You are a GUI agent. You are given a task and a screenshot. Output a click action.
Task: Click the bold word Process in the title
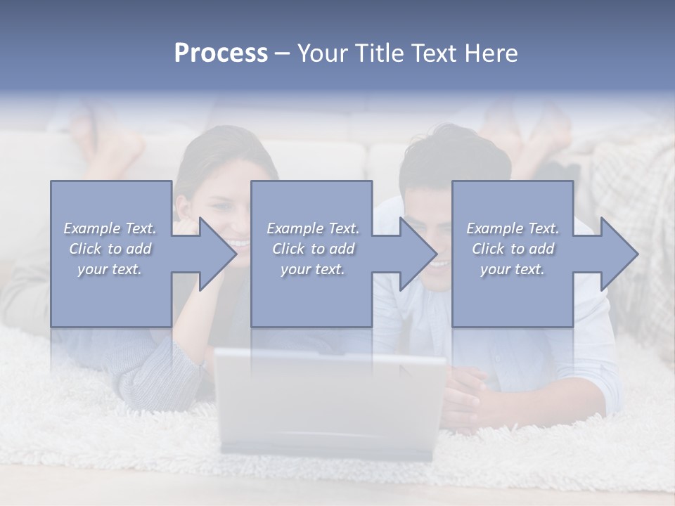[221, 53]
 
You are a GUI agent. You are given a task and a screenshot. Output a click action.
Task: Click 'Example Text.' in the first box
[110, 228]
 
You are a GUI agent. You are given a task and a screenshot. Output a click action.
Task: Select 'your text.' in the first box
[110, 269]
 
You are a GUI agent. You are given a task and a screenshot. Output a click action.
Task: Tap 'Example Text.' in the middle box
[313, 228]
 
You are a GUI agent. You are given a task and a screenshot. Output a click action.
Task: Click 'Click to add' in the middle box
[313, 249]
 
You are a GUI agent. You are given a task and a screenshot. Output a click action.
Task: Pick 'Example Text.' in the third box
[513, 228]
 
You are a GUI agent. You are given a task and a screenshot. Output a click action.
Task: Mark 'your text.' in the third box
[513, 269]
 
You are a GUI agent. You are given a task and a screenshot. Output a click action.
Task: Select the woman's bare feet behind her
[105, 141]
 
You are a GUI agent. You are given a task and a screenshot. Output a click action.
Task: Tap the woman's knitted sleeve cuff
[176, 365]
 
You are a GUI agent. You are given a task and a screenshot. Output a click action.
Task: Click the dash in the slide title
[283, 54]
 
